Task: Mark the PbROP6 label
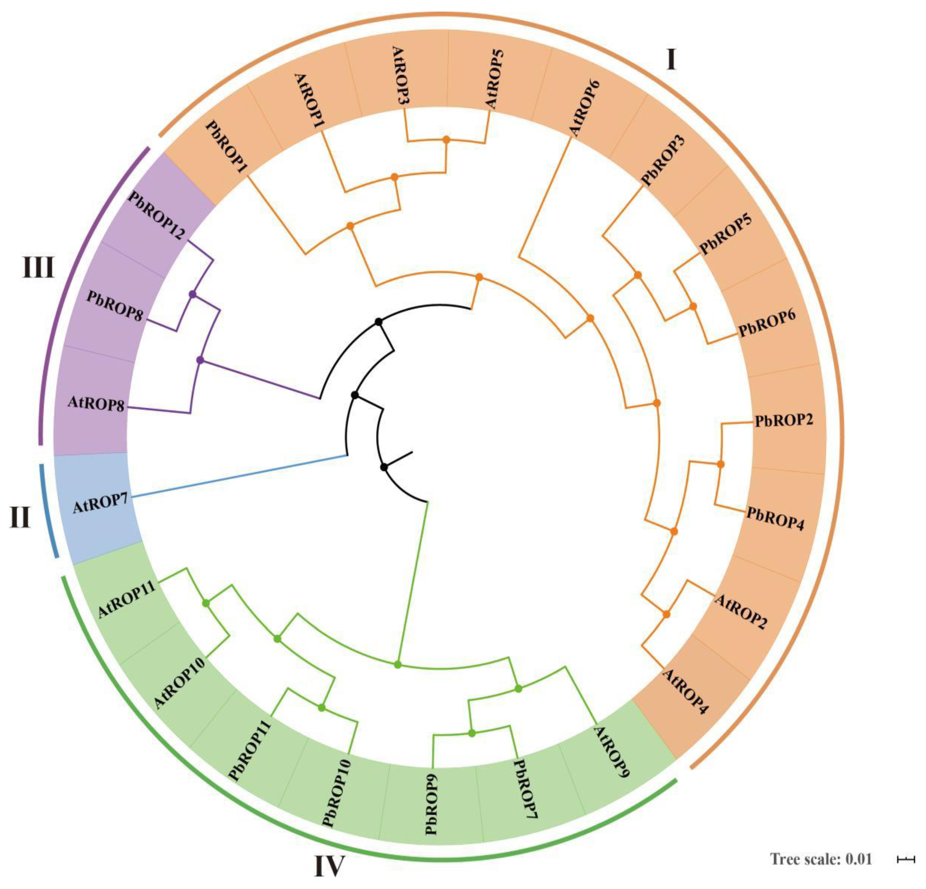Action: [768, 323]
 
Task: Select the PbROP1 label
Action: [228, 146]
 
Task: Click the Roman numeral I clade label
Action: [671, 60]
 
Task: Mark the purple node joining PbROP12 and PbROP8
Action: [192, 294]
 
